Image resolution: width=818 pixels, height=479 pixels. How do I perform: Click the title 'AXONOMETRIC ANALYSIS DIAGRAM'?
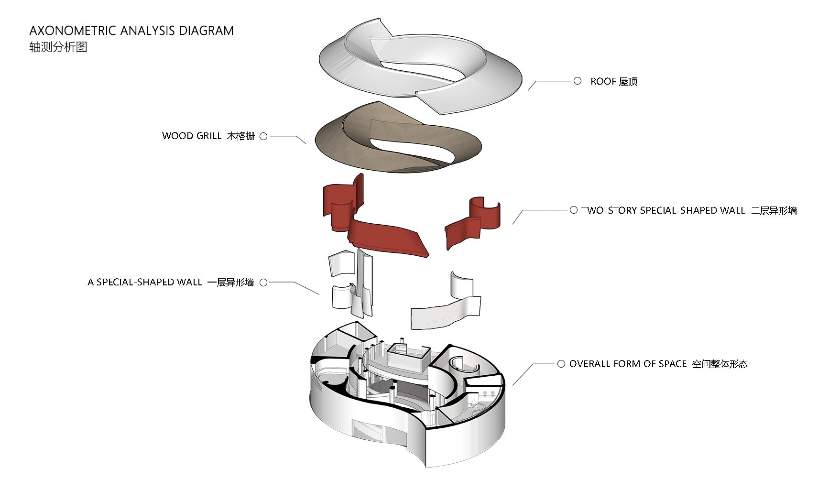pyautogui.click(x=131, y=31)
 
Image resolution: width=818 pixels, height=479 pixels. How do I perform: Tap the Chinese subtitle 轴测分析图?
pyautogui.click(x=58, y=47)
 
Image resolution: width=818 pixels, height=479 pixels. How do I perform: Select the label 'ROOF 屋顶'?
pyautogui.click(x=614, y=82)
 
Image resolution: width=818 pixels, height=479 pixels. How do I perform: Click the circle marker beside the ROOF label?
pyautogui.click(x=578, y=81)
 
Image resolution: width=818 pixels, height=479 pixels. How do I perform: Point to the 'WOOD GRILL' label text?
pyautogui.click(x=192, y=136)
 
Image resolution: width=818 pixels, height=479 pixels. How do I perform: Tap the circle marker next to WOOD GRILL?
pyautogui.click(x=263, y=136)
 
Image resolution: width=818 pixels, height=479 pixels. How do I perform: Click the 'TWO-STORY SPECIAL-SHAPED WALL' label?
pyautogui.click(x=663, y=211)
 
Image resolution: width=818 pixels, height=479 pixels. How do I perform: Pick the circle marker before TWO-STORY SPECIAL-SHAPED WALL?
pyautogui.click(x=574, y=210)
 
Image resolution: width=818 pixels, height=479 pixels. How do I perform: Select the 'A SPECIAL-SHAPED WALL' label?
pyautogui.click(x=145, y=283)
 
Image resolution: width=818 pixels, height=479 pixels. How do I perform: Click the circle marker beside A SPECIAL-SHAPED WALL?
pyautogui.click(x=263, y=283)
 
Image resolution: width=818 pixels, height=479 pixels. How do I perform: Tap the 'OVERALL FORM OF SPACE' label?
pyautogui.click(x=628, y=364)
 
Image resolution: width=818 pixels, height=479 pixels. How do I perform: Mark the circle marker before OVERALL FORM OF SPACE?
pyautogui.click(x=561, y=364)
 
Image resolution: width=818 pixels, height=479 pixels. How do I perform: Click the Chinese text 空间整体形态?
pyautogui.click(x=720, y=364)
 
